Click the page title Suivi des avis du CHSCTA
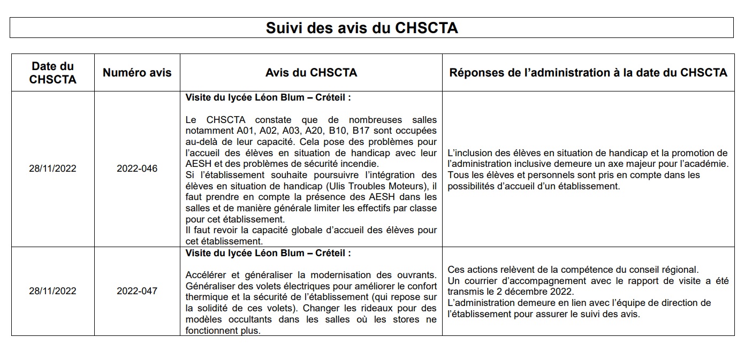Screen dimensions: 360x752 click(x=362, y=28)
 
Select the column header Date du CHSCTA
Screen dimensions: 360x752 click(x=52, y=73)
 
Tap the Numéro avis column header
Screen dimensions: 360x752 click(x=137, y=73)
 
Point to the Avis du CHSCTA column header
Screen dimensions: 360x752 click(x=311, y=73)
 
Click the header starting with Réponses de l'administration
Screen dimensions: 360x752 click(x=588, y=73)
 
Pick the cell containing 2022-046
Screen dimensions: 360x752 click(x=137, y=168)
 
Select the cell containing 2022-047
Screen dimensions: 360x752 click(x=137, y=291)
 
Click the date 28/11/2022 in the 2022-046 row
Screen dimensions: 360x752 click(x=52, y=168)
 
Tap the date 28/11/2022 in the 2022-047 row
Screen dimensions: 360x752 click(x=52, y=291)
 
